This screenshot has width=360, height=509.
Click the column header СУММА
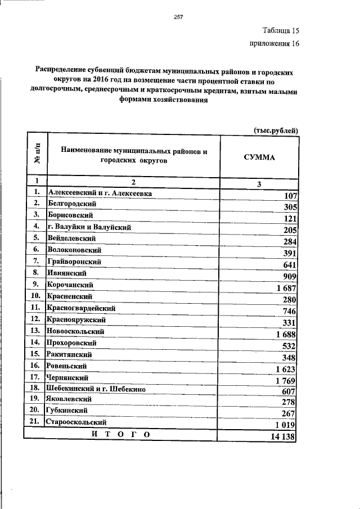tap(259, 157)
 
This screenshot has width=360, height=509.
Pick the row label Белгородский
tap(73, 203)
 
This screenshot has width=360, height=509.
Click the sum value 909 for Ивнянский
tap(290, 276)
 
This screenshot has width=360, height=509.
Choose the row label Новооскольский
tap(76, 331)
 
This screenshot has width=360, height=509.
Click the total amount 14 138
tap(282, 437)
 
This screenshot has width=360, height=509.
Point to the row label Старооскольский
tap(78, 421)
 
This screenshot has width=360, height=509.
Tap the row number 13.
tap(35, 331)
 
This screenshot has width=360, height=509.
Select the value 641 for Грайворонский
tap(290, 264)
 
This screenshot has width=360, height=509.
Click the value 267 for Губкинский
tap(290, 413)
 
